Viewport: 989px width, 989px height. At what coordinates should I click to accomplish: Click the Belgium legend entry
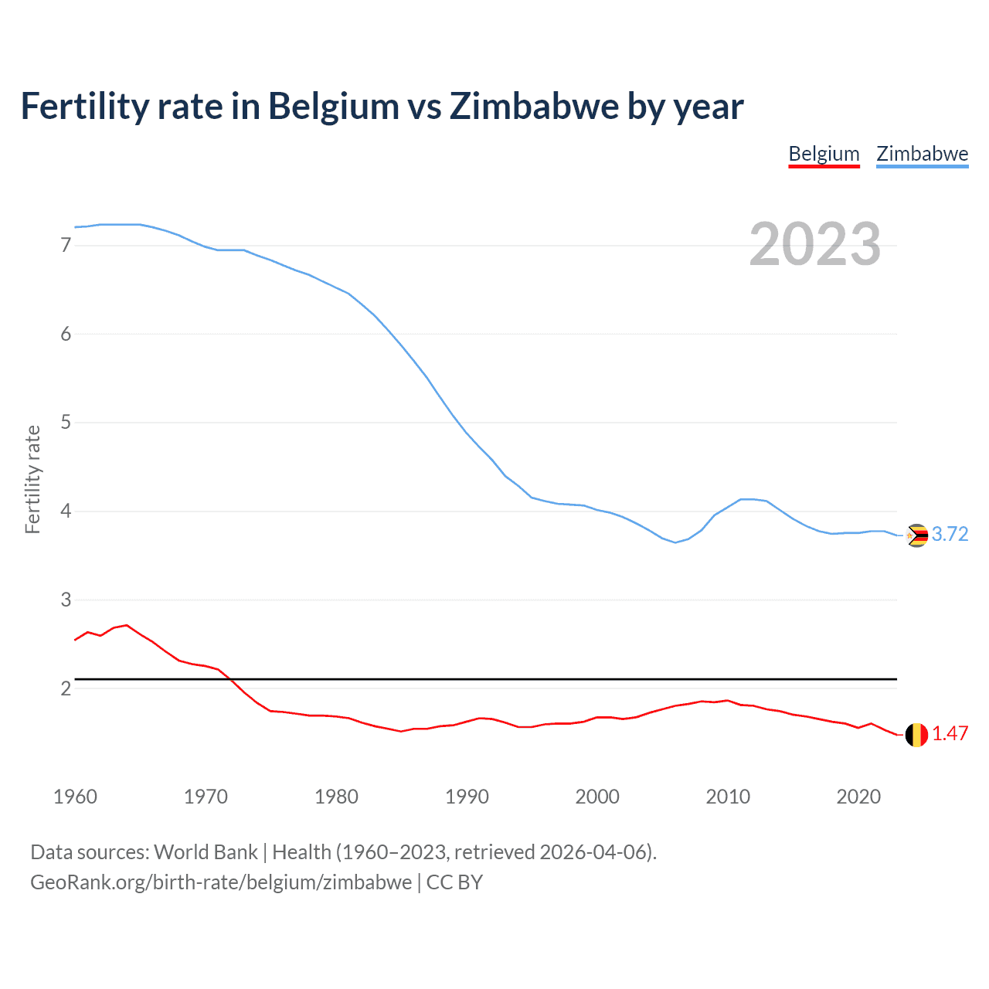coord(824,154)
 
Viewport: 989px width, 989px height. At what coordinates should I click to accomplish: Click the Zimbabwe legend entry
coord(922,154)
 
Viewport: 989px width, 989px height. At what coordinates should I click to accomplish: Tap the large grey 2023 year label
coord(814,244)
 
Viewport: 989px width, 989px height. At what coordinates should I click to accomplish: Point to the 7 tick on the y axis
coord(66,246)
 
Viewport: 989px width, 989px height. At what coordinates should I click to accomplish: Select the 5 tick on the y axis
coord(66,423)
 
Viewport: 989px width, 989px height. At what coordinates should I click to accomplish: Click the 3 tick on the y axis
coord(66,600)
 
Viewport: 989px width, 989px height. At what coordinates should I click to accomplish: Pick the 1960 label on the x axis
coord(75,797)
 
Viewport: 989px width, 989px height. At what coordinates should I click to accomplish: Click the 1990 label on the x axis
coord(467,797)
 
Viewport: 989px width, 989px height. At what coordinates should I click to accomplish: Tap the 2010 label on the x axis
coord(728,797)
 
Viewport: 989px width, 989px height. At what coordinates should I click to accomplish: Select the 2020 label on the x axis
coord(858,797)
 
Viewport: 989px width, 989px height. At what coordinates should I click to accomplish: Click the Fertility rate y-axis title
coord(32,479)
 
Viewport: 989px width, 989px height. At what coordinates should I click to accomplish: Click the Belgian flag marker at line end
coord(916,735)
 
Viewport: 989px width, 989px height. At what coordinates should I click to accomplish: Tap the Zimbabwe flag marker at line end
coord(916,535)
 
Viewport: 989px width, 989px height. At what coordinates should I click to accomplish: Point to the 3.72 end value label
coord(950,535)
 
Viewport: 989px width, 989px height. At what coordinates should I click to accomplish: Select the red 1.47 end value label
coord(950,734)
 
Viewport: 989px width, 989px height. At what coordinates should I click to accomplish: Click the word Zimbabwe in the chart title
coord(534,106)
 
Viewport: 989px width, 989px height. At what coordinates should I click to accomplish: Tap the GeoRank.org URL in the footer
coord(221,882)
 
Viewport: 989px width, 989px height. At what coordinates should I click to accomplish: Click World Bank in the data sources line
coord(206,852)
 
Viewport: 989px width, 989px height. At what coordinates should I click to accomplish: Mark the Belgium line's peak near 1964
coord(127,625)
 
